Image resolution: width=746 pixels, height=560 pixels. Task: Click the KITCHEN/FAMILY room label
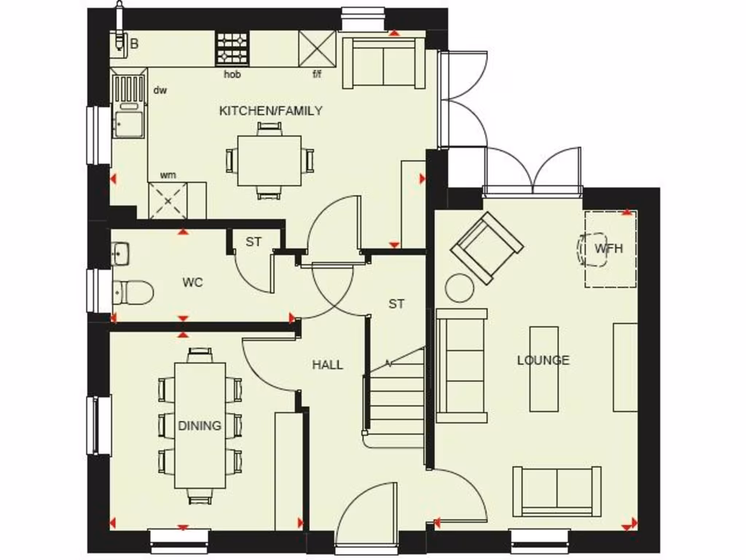click(x=270, y=111)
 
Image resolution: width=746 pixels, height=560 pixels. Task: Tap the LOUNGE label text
click(x=543, y=360)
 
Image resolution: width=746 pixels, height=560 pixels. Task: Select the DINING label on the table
click(x=200, y=426)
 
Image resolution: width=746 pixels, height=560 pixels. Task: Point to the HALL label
click(x=327, y=365)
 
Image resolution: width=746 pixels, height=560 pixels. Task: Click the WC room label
click(x=192, y=282)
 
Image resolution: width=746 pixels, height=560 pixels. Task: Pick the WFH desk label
click(x=608, y=248)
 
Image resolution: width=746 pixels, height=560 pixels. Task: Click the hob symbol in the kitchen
click(x=232, y=49)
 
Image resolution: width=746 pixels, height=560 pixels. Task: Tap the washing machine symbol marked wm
click(x=168, y=200)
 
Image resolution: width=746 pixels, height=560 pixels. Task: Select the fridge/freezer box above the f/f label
click(x=317, y=49)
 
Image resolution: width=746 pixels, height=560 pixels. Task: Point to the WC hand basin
click(x=121, y=254)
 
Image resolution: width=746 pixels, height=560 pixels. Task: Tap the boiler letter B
click(x=134, y=44)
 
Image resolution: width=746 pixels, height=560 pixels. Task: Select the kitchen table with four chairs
click(x=270, y=160)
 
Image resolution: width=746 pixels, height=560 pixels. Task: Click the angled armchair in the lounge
click(x=487, y=247)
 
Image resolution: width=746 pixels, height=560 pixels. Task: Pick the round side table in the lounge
click(x=460, y=287)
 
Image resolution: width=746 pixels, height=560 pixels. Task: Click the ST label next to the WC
click(x=253, y=242)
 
